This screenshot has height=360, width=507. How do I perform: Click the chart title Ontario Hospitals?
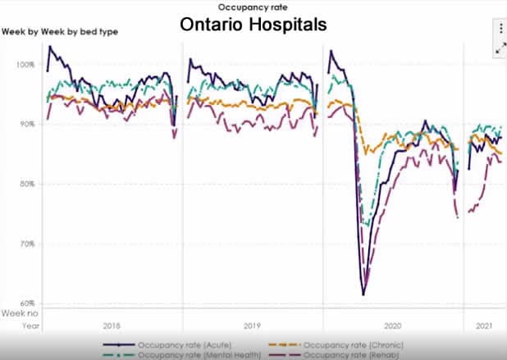pos(253,25)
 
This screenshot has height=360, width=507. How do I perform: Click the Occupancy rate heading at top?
pos(253,7)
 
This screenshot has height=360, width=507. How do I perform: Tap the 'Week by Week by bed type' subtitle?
pos(59,32)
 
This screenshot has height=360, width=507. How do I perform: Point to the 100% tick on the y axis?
pos(26,64)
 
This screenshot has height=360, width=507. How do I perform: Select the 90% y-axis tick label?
pos(28,124)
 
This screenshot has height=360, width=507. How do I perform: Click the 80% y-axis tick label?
pos(28,184)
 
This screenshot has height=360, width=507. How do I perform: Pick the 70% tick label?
pos(28,244)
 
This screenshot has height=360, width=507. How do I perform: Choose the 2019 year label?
pos(252,325)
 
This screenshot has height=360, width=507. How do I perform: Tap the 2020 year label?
pos(393,325)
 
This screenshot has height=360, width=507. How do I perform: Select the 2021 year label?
pos(485,325)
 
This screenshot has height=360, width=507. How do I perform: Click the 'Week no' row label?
pos(18,313)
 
